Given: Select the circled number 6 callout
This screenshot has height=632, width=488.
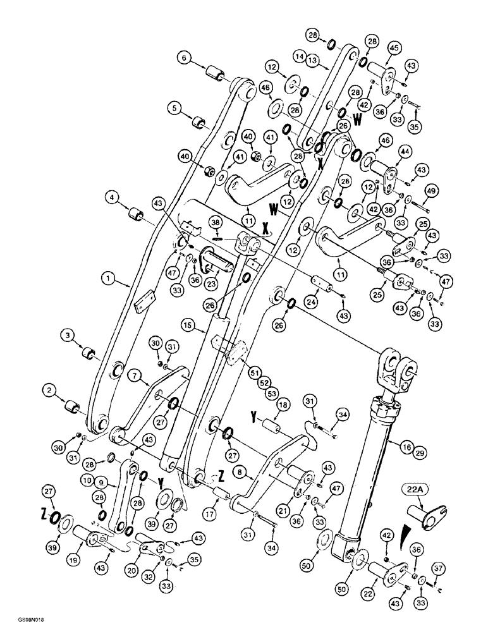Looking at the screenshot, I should click(x=185, y=58).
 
